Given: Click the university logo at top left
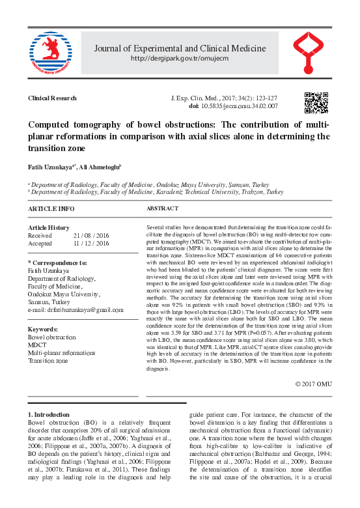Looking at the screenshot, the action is click(x=49, y=53).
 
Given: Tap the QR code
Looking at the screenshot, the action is click(x=316, y=103).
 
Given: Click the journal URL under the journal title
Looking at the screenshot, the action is click(x=180, y=59).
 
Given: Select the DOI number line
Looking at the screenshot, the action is click(x=233, y=106).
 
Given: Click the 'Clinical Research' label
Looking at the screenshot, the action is click(x=52, y=98).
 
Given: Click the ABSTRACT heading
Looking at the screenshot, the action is click(x=162, y=208).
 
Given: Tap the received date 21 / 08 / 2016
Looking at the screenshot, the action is click(x=91, y=235).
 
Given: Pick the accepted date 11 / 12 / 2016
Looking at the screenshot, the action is click(x=91, y=243).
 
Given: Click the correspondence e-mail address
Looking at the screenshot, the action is click(x=76, y=311).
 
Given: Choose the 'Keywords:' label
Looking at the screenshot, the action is click(x=43, y=330).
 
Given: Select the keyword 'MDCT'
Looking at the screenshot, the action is click(x=37, y=345).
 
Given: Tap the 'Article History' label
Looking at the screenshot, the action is click(x=49, y=227).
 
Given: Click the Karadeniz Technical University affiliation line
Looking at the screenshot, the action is click(x=157, y=193).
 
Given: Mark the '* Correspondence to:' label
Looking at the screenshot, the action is click(x=58, y=263).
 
